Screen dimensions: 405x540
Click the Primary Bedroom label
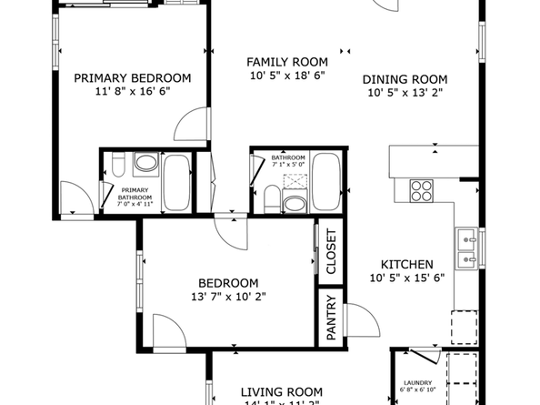133,78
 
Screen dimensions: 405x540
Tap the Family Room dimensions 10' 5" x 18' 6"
286,76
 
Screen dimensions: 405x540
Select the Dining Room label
405,78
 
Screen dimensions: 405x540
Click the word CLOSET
331,252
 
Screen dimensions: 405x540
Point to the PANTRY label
331,317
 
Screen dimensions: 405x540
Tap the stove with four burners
421,190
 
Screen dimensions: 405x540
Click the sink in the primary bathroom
145,165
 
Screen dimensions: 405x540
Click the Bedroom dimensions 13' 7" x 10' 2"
229,296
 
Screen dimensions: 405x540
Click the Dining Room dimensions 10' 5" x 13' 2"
406,92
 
